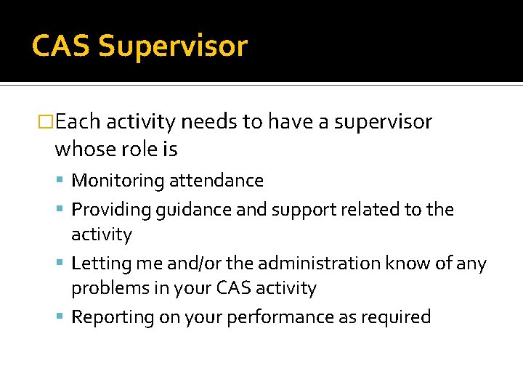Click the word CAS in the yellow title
61,46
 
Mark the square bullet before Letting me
62,264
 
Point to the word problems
105,289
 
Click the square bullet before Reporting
62,317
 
